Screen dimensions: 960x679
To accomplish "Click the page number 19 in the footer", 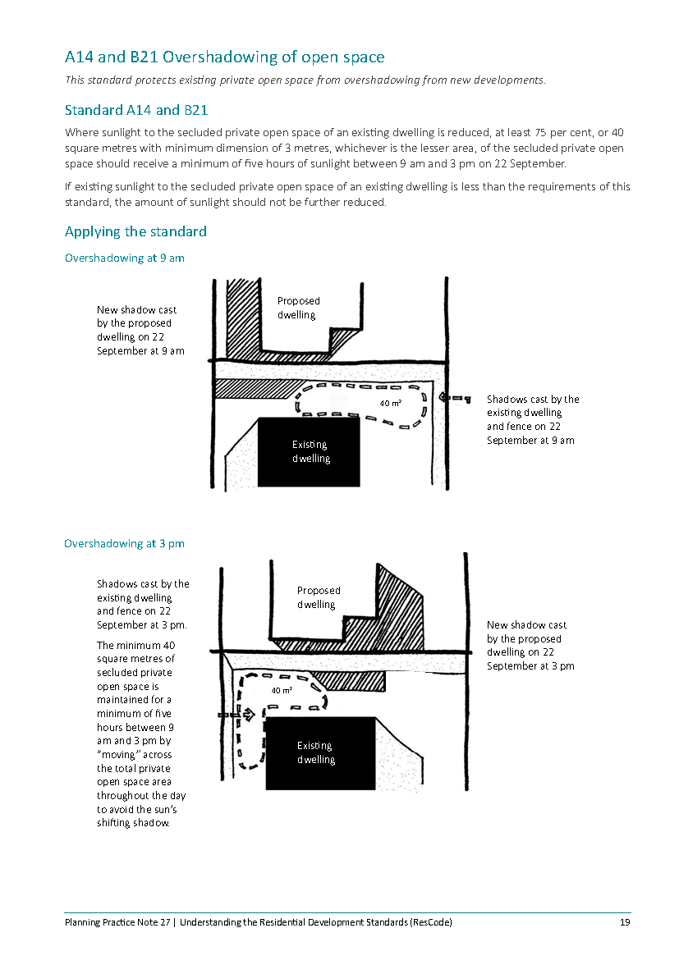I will (x=625, y=922).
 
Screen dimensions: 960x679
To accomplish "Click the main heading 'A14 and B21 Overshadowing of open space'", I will (x=224, y=57).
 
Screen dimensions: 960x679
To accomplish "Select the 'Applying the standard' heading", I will (x=135, y=231).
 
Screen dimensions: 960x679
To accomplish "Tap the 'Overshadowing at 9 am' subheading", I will (x=124, y=258).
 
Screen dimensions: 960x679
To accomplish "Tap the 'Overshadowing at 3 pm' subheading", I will (x=124, y=543).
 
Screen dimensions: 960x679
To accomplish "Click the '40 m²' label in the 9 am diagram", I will (x=390, y=403).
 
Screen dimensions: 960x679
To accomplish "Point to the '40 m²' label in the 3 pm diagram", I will (x=282, y=691).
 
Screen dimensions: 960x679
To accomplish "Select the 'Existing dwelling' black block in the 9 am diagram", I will (x=309, y=452).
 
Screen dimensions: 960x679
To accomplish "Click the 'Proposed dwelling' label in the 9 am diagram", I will (x=298, y=308).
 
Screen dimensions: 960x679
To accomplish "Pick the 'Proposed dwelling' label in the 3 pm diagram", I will (x=319, y=597).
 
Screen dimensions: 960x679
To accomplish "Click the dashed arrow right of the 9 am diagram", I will (x=455, y=399).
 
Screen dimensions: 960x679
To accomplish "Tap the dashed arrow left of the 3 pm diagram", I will (x=236, y=715).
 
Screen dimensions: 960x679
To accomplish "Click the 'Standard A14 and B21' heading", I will (x=135, y=110).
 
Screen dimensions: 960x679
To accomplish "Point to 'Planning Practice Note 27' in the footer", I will (x=117, y=922).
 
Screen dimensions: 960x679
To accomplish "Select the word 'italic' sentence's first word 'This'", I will (x=76, y=80).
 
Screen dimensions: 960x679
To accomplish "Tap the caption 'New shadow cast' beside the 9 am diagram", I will (x=136, y=310).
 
